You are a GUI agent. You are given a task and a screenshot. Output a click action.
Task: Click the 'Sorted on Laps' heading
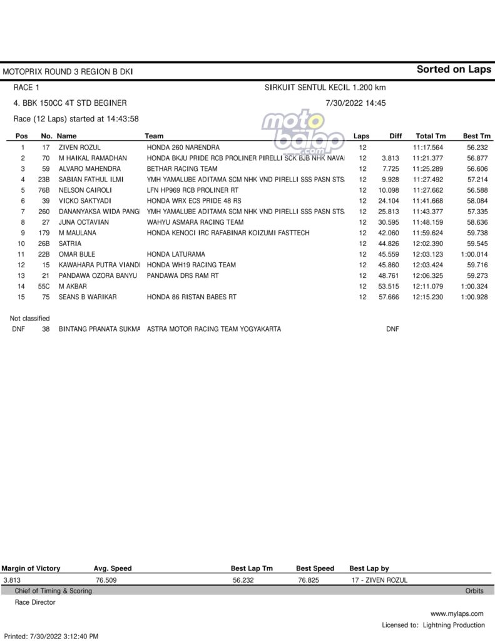click(x=454, y=69)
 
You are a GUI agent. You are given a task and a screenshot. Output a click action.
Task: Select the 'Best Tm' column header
click(x=476, y=136)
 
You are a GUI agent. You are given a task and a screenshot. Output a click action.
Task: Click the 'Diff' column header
click(x=395, y=136)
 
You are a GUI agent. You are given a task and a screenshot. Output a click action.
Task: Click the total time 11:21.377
click(x=429, y=158)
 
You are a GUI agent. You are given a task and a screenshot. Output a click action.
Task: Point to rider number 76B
click(x=43, y=190)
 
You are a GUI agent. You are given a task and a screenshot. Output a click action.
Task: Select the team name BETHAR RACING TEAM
click(x=182, y=168)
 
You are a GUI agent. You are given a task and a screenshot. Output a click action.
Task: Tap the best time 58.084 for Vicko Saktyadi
click(x=477, y=200)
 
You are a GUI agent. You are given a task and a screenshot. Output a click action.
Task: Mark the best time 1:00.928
click(x=475, y=297)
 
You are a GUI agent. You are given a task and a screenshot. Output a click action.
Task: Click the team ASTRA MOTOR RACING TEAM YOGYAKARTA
click(x=213, y=329)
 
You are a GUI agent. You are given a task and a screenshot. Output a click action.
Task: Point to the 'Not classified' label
click(x=29, y=319)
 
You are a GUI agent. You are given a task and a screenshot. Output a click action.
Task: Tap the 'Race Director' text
click(x=35, y=602)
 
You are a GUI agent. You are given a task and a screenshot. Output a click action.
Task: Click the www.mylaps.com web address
click(x=457, y=613)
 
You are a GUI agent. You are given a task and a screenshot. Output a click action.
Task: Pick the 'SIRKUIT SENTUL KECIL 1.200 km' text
click(x=325, y=88)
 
